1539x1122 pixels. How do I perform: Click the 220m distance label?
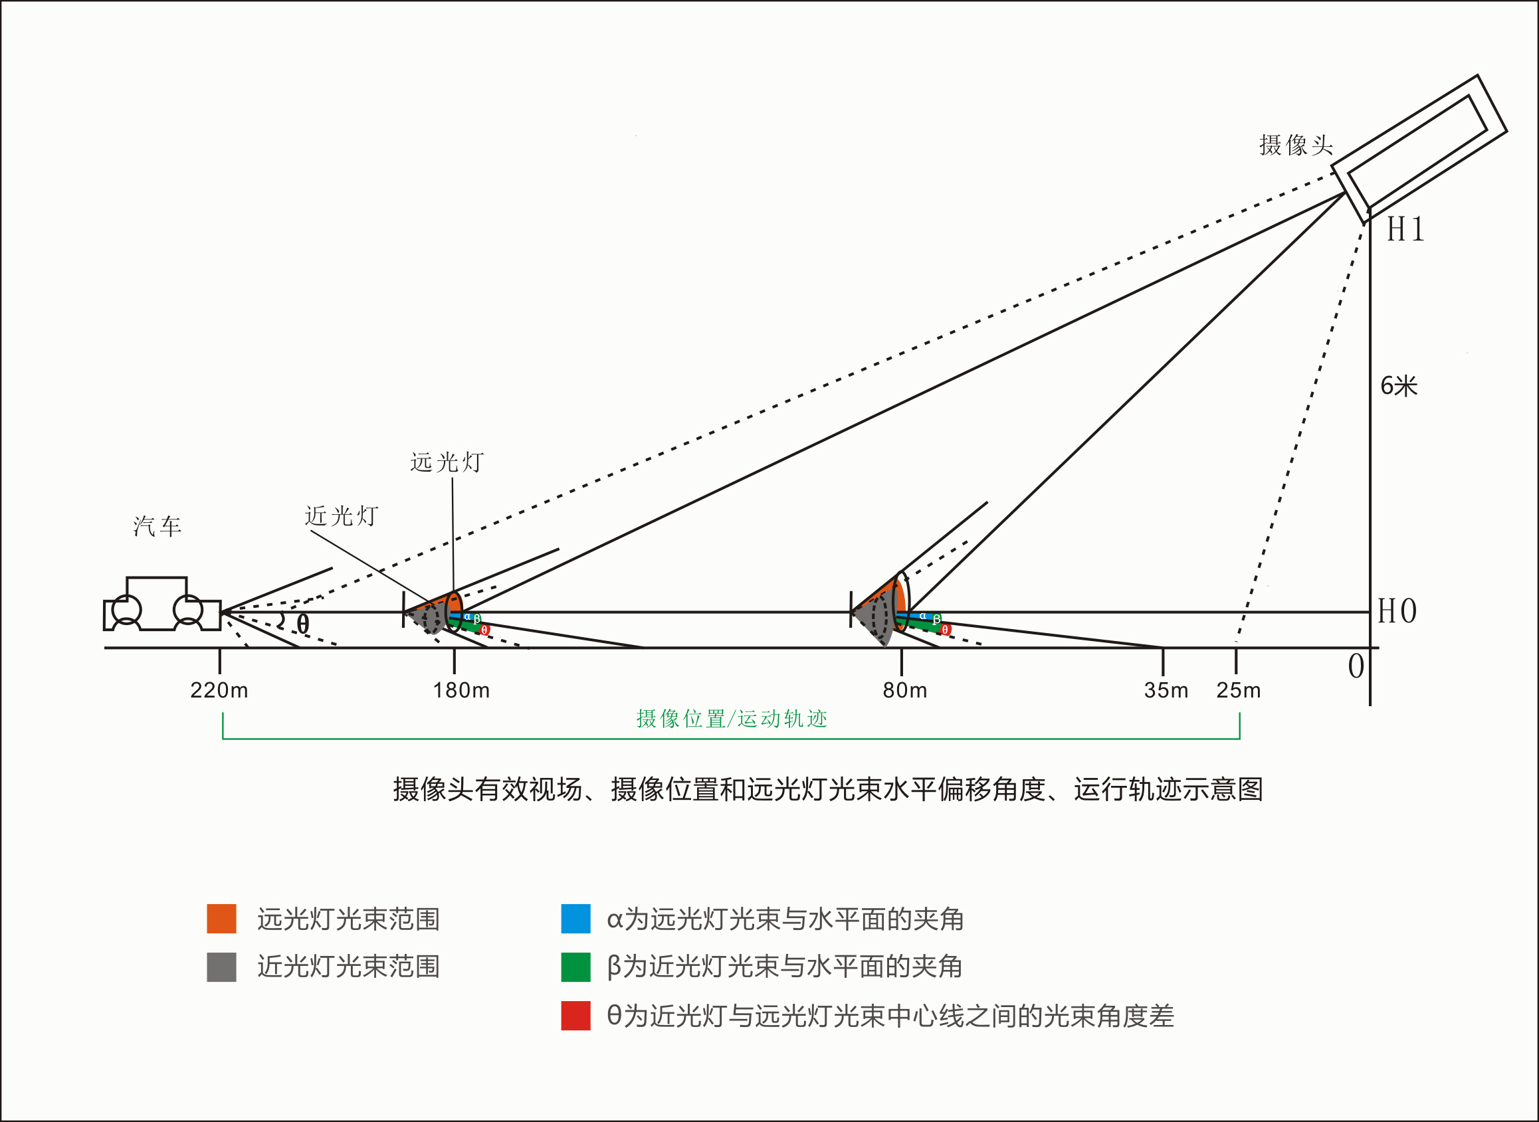pos(219,691)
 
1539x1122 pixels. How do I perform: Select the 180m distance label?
pos(461,691)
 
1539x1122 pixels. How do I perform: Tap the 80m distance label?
pos(905,691)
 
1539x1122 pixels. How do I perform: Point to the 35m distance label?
pos(1166,691)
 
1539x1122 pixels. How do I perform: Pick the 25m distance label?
pos(1239,691)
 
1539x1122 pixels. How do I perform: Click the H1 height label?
pos(1405,230)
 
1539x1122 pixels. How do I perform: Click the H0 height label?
pos(1397,611)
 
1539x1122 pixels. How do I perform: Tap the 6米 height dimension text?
pos(1399,387)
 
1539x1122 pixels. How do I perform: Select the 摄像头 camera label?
pos(1296,145)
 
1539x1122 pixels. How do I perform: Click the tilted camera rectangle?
pos(1419,149)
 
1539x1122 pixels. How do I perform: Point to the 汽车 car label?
pos(157,526)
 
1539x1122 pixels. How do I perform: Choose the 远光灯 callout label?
pos(447,462)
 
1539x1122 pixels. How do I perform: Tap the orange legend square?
pos(221,919)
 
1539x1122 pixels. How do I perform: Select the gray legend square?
pos(221,967)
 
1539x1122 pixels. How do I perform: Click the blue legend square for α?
pos(575,919)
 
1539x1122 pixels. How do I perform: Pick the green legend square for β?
pos(575,967)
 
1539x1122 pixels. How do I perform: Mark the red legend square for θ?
pos(575,1016)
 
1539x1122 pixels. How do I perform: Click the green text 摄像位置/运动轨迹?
pos(732,719)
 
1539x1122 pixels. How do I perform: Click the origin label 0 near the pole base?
pos(1356,666)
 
